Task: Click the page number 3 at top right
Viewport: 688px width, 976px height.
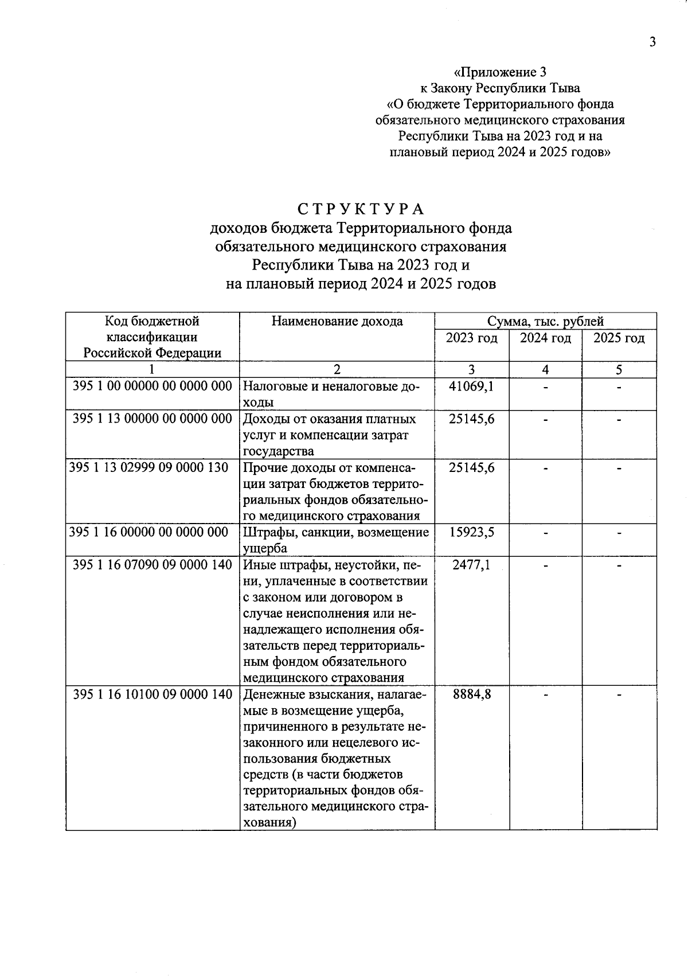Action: (652, 42)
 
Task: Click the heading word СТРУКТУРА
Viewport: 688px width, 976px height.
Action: (361, 208)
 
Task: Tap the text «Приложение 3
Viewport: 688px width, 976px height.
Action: (499, 72)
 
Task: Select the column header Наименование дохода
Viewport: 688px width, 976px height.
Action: (337, 321)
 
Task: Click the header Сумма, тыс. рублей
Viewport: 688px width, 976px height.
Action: (545, 321)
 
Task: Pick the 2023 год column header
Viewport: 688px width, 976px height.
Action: (472, 338)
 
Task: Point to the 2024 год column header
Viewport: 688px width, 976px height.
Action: (545, 338)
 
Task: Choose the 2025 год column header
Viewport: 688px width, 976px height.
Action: (619, 338)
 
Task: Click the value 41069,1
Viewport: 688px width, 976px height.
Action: (471, 387)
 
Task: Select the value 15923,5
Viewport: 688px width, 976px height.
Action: (471, 532)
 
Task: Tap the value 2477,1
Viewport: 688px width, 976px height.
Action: (471, 565)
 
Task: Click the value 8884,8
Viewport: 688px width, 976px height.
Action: (471, 694)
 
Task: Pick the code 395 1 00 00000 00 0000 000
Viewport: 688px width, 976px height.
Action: (153, 386)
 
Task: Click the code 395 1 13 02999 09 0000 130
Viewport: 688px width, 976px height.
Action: (148, 467)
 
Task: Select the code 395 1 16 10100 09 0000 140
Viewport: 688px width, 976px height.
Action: (153, 694)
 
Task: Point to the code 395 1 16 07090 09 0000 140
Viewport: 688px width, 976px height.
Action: (153, 565)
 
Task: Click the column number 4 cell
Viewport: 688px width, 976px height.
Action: (545, 370)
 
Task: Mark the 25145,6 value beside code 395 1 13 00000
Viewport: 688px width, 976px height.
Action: (471, 419)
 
